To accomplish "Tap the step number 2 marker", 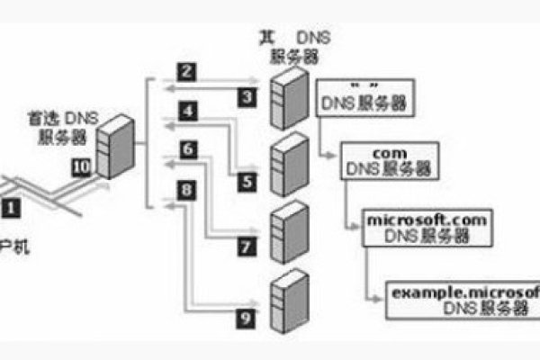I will click(x=185, y=70).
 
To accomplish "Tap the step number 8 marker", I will click(x=185, y=190).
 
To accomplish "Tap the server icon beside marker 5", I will click(x=285, y=160).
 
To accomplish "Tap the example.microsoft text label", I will click(x=463, y=293).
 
